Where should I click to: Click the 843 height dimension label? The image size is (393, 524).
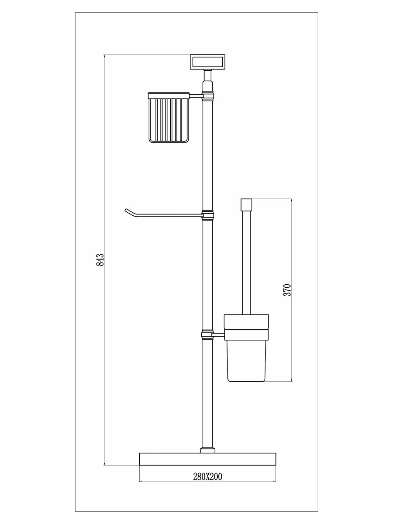click(x=100, y=260)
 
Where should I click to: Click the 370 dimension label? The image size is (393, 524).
click(x=287, y=290)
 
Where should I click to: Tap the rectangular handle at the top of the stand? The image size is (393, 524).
click(x=207, y=62)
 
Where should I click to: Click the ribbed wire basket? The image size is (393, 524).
click(x=169, y=118)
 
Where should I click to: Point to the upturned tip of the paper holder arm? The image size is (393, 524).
click(x=125, y=210)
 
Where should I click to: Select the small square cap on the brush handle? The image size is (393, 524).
click(x=246, y=205)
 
